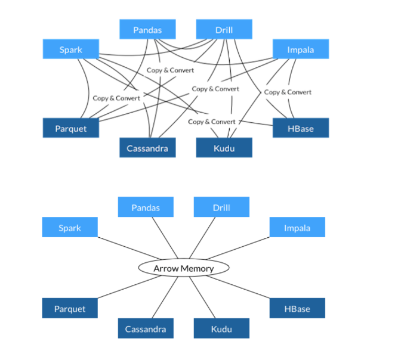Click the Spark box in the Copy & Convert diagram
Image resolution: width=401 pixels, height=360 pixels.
tap(70, 49)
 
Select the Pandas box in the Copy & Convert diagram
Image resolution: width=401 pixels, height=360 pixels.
tap(147, 29)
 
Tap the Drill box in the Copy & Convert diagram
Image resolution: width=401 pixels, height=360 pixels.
tap(224, 29)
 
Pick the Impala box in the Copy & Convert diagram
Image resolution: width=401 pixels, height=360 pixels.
tap(301, 49)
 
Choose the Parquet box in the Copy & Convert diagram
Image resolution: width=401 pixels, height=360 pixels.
tap(70, 128)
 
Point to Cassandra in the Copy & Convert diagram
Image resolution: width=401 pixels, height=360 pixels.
tap(147, 148)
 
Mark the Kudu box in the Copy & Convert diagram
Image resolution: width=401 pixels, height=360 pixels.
tap(224, 148)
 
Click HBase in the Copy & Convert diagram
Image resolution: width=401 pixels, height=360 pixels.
tap(301, 128)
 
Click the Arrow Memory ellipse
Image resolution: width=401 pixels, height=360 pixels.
tap(183, 268)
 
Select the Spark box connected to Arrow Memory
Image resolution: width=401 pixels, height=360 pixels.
tap(70, 228)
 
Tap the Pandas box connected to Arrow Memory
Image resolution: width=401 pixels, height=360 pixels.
tap(146, 207)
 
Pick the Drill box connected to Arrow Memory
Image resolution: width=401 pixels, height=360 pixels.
tap(221, 207)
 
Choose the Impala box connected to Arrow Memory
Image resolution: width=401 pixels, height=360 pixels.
tap(297, 228)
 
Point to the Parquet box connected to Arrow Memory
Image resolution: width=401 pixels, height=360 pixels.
tap(70, 309)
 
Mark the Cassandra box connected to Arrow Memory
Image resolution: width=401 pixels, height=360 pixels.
tap(146, 328)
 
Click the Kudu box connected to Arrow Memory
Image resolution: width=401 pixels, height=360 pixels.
tap(221, 328)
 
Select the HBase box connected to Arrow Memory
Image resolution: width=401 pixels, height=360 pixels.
tap(297, 309)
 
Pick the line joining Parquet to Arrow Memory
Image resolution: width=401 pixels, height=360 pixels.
tap(122, 287)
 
